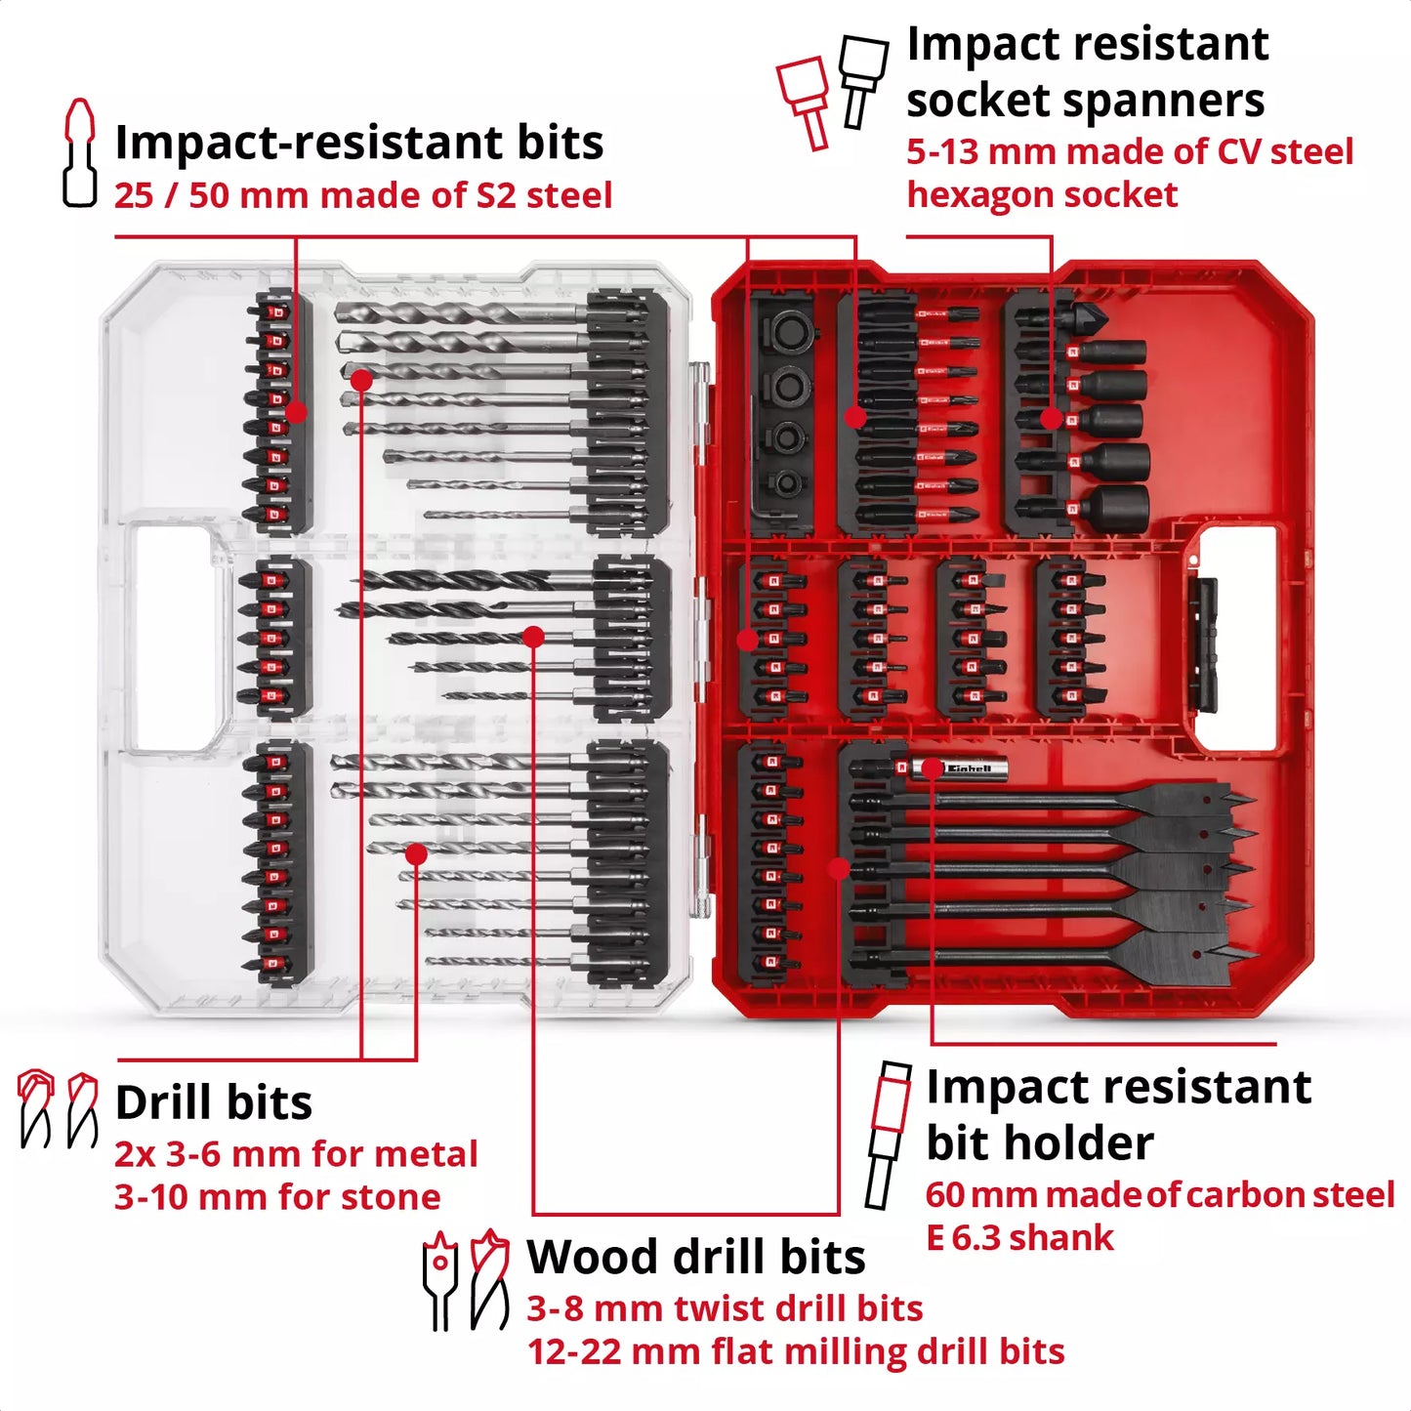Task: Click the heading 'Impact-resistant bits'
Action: click(358, 143)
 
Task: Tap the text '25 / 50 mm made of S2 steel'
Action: click(362, 195)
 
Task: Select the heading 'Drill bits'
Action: click(213, 1102)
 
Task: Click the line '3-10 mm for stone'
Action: click(277, 1197)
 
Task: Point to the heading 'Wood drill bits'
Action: click(695, 1257)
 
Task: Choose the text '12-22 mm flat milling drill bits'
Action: click(795, 1351)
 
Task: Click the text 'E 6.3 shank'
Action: click(1018, 1238)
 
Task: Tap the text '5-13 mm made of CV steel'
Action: click(1129, 152)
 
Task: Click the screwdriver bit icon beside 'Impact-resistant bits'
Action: click(79, 152)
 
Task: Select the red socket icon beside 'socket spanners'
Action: click(805, 101)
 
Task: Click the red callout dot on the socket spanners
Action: click(1051, 419)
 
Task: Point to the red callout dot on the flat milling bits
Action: click(839, 867)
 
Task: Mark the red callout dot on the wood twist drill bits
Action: click(533, 637)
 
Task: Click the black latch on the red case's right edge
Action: click(1205, 644)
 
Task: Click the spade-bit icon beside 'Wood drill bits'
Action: click(440, 1279)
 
